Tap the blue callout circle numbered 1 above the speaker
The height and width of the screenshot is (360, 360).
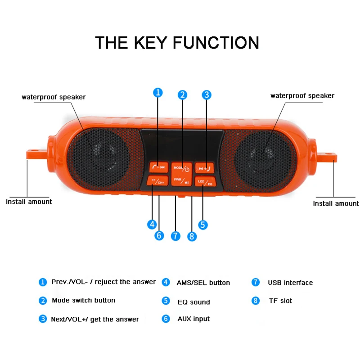point(158,93)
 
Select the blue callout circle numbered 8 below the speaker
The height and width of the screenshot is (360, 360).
point(193,236)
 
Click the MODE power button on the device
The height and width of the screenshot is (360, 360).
point(182,167)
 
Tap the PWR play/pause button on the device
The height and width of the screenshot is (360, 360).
point(182,180)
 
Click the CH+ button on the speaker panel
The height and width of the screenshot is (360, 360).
point(158,181)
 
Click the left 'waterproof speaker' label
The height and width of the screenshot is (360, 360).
point(54,97)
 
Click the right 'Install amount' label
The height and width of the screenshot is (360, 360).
point(336,203)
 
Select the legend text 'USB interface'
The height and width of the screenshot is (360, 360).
point(290,283)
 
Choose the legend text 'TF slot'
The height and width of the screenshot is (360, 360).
point(280,301)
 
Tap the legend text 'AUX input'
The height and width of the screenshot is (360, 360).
point(193,319)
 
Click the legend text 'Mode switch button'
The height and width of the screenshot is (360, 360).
point(83,300)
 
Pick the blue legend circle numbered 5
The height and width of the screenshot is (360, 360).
point(166,301)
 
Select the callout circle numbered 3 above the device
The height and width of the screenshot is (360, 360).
point(207,94)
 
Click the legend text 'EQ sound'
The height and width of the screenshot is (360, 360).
point(193,302)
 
